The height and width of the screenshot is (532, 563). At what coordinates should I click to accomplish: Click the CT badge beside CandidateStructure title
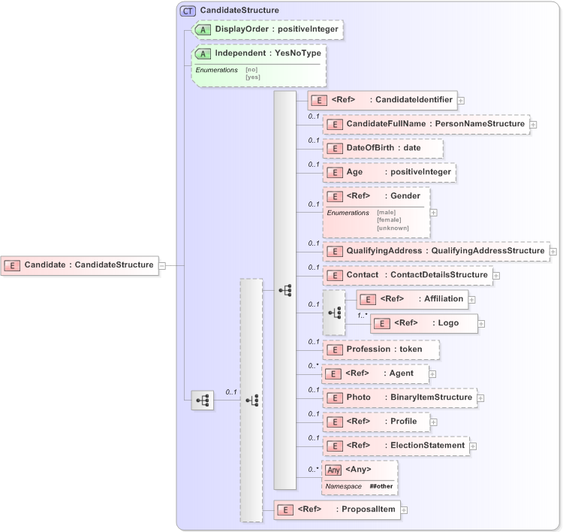point(187,11)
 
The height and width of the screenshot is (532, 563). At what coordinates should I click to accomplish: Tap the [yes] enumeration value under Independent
point(252,77)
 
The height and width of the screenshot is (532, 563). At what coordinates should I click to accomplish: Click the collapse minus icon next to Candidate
point(162,264)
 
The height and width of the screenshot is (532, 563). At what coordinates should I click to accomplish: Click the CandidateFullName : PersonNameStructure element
point(425,124)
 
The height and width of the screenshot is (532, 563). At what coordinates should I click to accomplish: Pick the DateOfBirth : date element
point(383,148)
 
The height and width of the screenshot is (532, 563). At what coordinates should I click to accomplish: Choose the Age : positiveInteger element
point(389,172)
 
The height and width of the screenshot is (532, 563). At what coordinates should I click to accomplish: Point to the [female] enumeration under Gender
point(389,219)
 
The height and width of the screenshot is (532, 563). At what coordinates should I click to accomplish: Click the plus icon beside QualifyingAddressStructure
point(553,251)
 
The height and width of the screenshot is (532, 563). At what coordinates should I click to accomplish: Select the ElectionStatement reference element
point(396,446)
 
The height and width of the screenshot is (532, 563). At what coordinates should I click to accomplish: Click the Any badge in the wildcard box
point(334,470)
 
